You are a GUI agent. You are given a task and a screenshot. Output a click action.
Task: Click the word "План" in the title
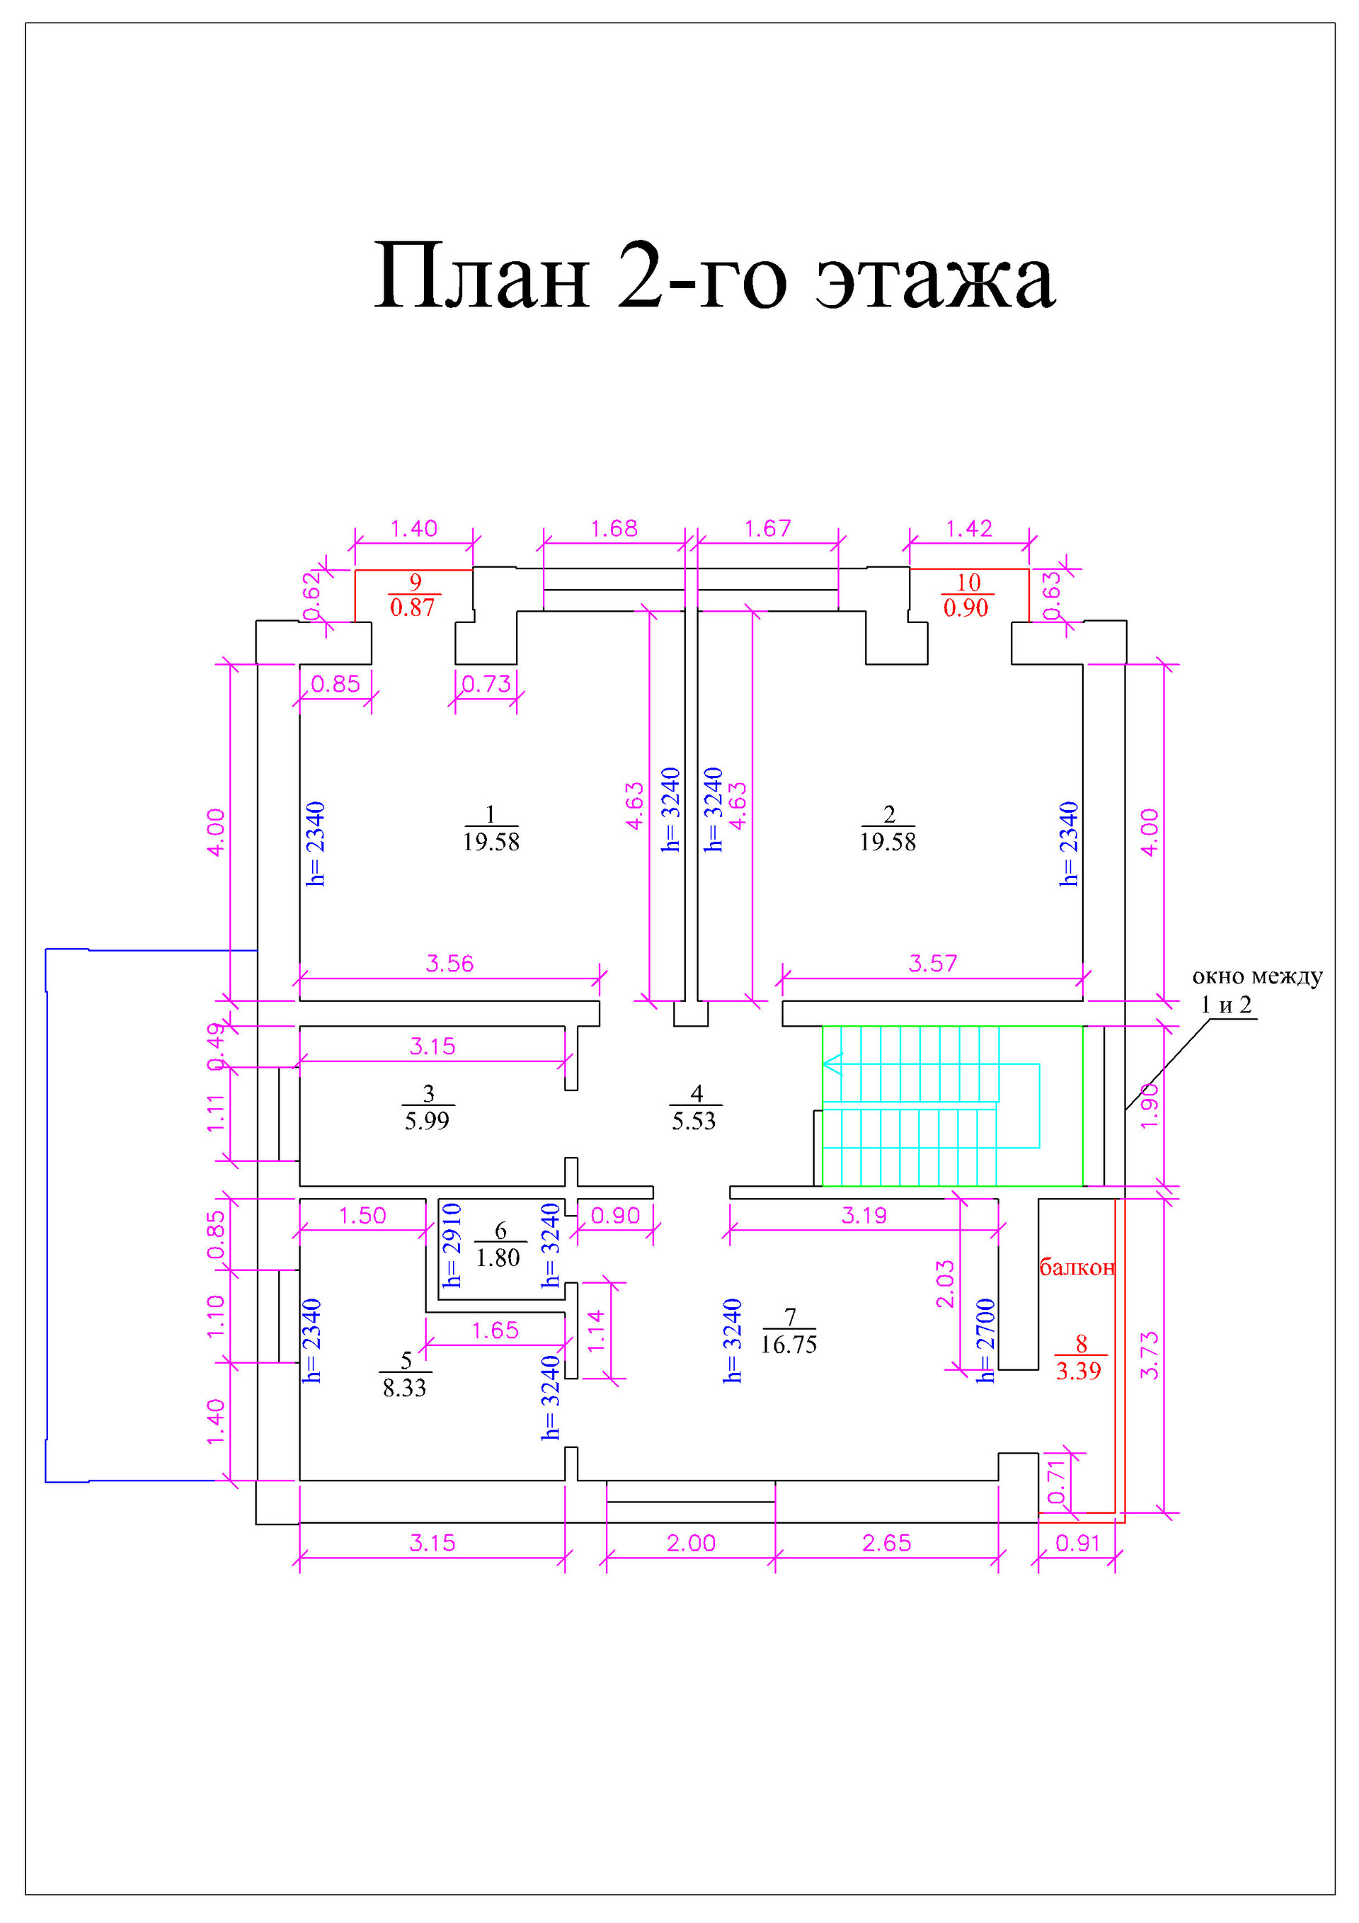[482, 275]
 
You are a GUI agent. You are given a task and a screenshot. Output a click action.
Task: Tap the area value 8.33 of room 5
[404, 1388]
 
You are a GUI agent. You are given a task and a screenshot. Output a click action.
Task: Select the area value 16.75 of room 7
[789, 1345]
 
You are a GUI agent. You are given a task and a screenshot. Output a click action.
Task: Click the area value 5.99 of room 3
[427, 1121]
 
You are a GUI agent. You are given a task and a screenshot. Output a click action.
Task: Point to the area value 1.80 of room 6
[498, 1257]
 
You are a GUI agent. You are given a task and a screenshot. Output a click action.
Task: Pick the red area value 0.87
[413, 607]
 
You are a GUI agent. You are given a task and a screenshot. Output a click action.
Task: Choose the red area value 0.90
[966, 607]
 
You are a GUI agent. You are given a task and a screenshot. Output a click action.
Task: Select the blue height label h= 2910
[452, 1245]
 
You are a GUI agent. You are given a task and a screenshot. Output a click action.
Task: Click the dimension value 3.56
[449, 963]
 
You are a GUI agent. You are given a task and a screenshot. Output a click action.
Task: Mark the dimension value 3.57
[933, 963]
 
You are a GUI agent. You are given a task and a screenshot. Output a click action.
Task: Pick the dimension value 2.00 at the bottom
[691, 1543]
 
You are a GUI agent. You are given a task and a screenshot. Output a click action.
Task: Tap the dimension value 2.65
[887, 1543]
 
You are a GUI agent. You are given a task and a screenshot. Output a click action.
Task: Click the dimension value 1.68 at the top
[614, 528]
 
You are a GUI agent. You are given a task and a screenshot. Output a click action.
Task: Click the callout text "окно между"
[1257, 976]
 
